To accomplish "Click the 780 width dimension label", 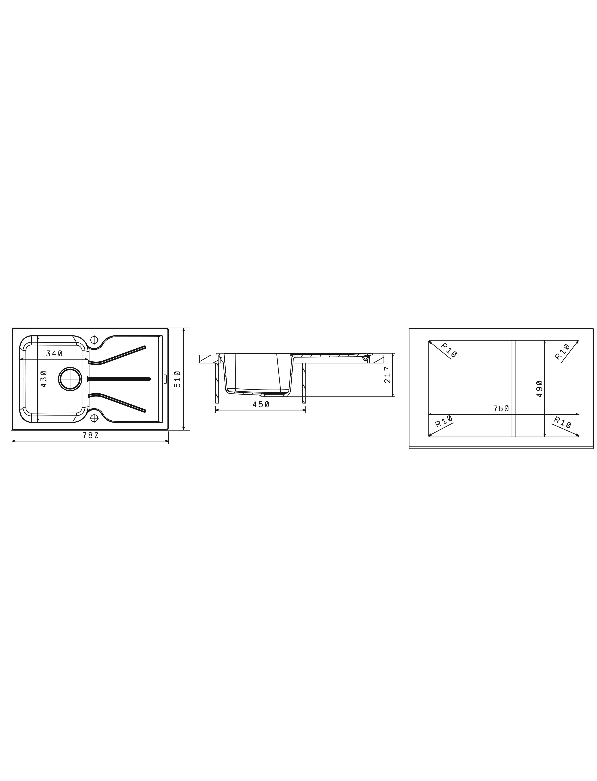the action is tap(91, 435).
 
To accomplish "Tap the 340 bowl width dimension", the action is tap(54, 353).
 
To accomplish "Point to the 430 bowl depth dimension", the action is tap(44, 379).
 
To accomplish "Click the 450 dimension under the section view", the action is tap(261, 404).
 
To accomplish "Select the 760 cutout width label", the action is tap(501, 409).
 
